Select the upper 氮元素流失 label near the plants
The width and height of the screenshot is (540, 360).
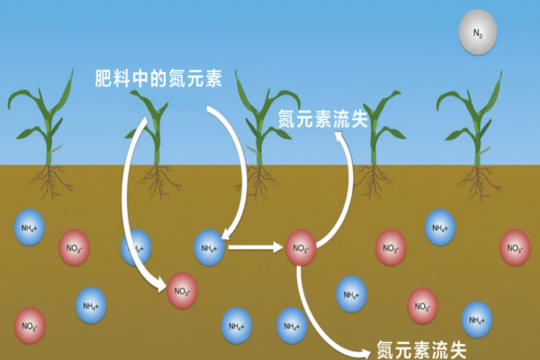tap(323, 120)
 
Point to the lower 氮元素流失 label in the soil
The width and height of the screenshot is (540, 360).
tap(421, 348)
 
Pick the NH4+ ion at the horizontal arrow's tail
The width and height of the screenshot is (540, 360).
tap(210, 247)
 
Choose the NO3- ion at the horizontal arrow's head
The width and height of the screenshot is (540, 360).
tap(301, 247)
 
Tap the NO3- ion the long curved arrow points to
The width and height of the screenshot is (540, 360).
tap(183, 291)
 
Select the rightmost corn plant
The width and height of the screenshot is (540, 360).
tap(476, 126)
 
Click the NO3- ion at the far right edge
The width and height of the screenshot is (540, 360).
tap(515, 247)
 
